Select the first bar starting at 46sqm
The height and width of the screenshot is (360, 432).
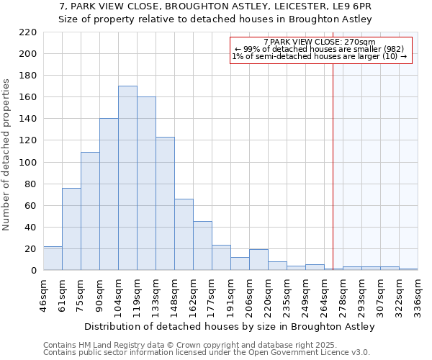point(53,258)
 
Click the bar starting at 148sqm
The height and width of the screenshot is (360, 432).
point(184,235)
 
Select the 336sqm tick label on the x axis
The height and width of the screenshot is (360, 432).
point(418,292)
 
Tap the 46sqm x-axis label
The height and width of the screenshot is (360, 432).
point(44,292)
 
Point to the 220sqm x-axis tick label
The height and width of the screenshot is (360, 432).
point(269,292)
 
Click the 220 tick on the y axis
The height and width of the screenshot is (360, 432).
point(29,32)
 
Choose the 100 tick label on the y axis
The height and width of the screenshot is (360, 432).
point(29,163)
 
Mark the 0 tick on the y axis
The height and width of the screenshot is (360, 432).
point(34,271)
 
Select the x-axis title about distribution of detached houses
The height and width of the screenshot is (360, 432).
point(230,327)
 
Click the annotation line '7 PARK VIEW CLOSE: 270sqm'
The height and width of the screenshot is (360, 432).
point(320,42)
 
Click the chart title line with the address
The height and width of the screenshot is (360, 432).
point(215,6)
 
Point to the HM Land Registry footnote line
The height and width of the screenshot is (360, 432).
point(205,345)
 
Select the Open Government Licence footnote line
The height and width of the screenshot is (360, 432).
point(207,353)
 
